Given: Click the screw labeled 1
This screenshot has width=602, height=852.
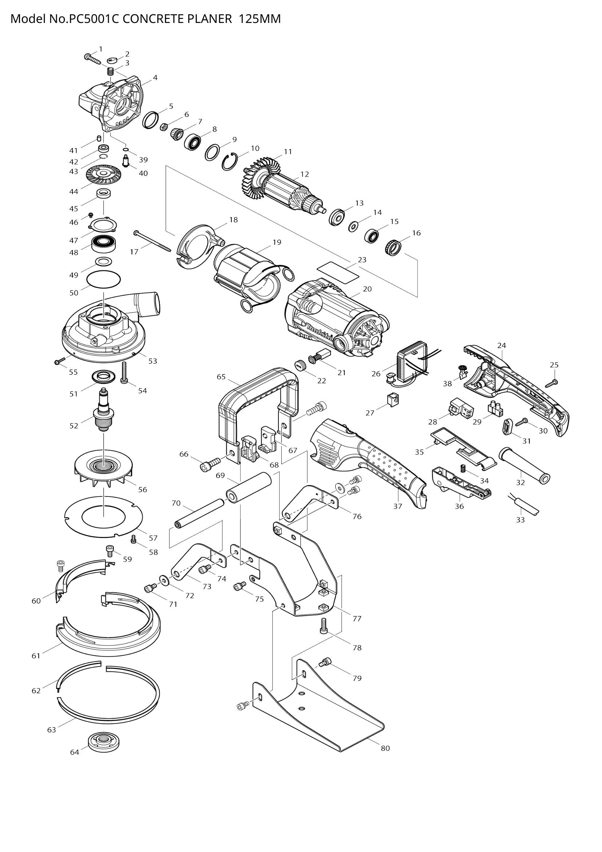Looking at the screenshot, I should click(92, 59).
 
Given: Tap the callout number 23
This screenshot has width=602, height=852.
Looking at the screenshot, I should click(362, 260).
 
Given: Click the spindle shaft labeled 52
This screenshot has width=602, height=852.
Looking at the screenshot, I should click(104, 411).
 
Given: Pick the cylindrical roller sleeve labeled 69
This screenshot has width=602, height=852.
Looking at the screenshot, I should click(249, 487).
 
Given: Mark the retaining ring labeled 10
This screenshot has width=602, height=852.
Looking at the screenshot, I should click(230, 162).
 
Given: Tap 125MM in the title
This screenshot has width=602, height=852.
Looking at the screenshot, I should click(260, 19).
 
